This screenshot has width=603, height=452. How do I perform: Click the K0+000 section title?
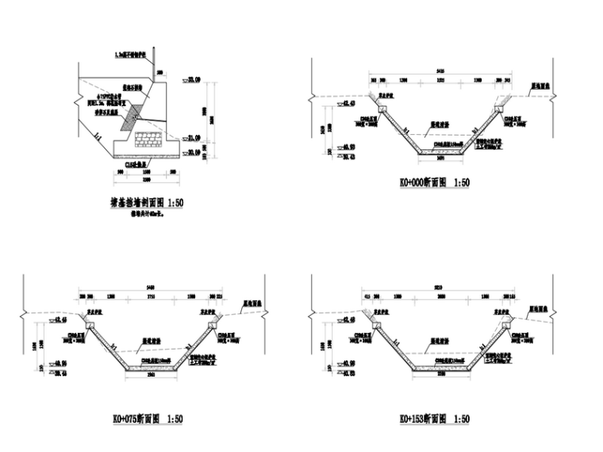(434, 182)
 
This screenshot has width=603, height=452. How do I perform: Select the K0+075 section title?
(148, 418)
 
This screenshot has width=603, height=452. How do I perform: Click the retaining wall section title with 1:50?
(146, 203)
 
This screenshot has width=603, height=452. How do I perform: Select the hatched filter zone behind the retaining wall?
(130, 114)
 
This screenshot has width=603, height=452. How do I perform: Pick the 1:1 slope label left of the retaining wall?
(97, 137)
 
